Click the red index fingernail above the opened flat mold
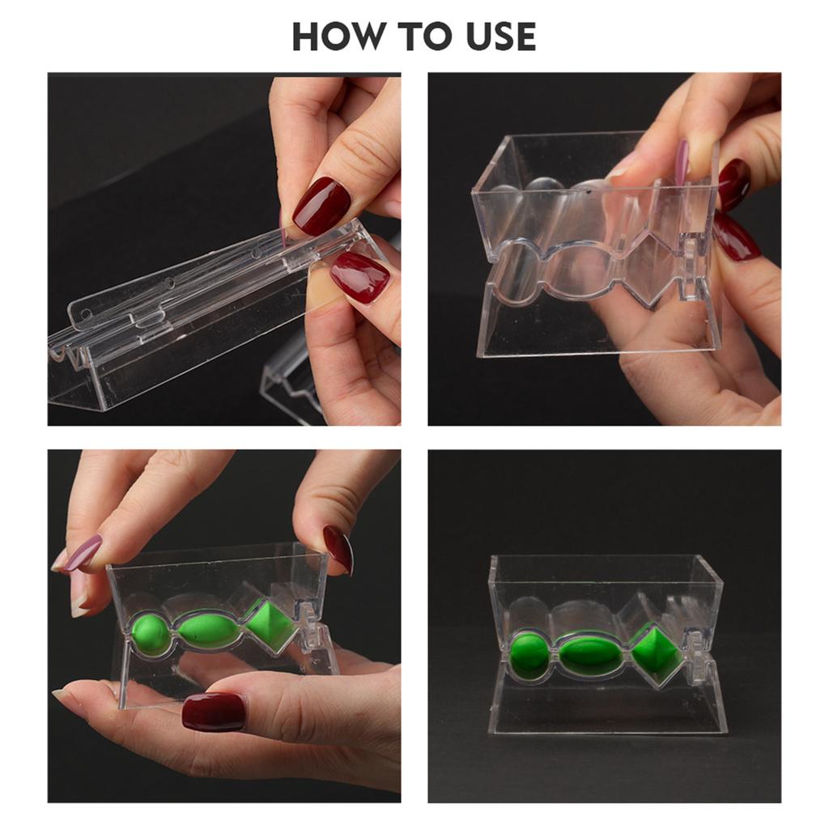coord(321,206)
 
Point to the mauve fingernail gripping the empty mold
coord(682,162)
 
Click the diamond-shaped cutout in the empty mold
coord(645,267)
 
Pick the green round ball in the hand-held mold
coord(150,633)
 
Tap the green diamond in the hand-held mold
coord(270,624)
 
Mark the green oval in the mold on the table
coord(593,653)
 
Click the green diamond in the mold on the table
coord(657,652)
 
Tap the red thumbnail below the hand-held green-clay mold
coord(214,711)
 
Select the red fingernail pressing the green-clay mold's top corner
coord(338,549)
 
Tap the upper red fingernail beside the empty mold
coord(733,183)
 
